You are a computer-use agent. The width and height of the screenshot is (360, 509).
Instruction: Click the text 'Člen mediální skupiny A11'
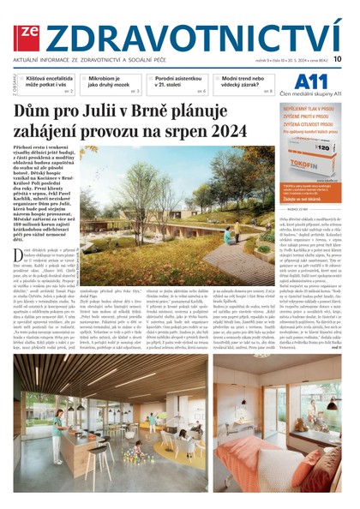(313, 94)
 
